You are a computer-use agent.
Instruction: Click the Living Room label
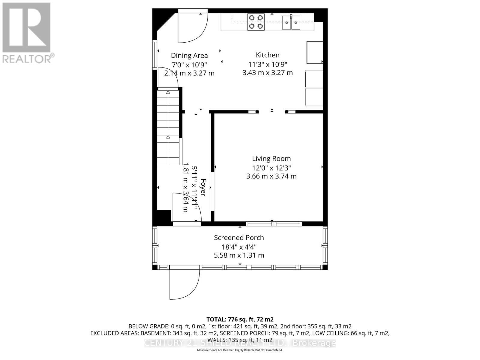tap(271, 159)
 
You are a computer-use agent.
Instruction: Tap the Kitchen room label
tap(268, 55)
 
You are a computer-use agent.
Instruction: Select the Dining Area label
tap(189, 55)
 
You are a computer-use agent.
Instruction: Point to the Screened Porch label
tap(239, 238)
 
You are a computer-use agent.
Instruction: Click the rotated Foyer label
tap(203, 187)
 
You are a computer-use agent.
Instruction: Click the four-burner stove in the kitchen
tap(256, 22)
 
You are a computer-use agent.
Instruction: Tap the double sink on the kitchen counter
tap(291, 22)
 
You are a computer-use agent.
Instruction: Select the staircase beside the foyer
tap(168, 127)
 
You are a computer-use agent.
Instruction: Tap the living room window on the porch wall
tap(274, 224)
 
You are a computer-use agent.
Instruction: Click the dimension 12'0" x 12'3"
tap(271, 168)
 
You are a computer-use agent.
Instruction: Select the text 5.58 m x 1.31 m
tap(239, 255)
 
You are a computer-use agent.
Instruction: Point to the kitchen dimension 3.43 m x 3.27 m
tap(268, 73)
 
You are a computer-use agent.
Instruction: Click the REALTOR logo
tap(27, 33)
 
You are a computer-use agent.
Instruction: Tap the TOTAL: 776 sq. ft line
tap(240, 319)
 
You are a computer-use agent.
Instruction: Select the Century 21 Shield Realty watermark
tap(240, 343)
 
